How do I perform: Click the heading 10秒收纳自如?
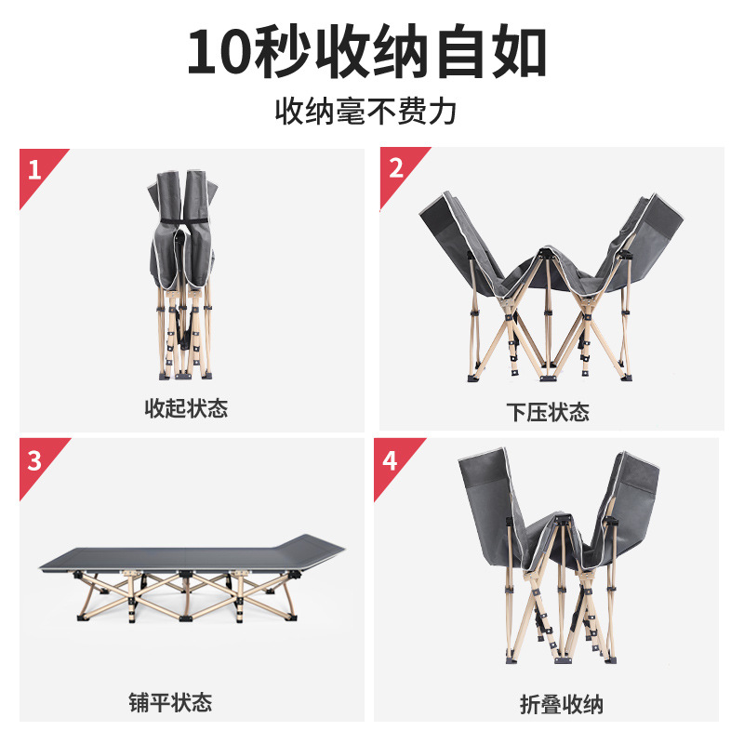(x=367, y=53)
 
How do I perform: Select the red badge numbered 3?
(x=34, y=459)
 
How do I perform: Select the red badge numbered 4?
(x=390, y=459)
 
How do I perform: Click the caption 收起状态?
(x=186, y=408)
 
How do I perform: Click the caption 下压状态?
(x=548, y=412)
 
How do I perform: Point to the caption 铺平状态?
(x=170, y=701)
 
